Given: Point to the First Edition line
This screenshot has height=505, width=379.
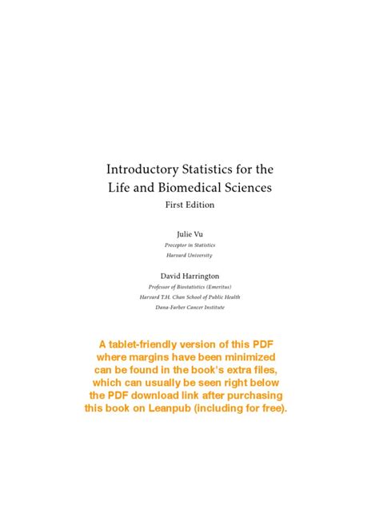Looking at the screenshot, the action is (x=189, y=205).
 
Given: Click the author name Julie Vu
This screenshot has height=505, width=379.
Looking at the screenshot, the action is (x=189, y=233).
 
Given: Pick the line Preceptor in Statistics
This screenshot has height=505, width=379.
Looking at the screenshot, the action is (x=189, y=245).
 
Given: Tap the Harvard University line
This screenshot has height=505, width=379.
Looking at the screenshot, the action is (x=189, y=255).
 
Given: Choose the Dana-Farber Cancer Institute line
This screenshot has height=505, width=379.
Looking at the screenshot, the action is (x=189, y=307).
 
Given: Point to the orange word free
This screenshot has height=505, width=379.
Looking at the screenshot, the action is (x=269, y=408).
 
